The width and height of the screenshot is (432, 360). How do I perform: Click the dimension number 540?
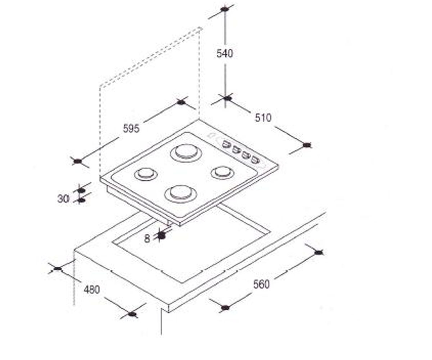(x=225, y=53)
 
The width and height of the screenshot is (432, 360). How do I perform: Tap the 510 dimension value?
(x=263, y=118)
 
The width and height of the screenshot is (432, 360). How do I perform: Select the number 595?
(x=131, y=129)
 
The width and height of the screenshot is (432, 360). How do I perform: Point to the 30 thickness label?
(x=63, y=199)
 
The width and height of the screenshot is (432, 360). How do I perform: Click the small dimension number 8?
(x=147, y=239)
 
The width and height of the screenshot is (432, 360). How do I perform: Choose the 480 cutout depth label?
(x=92, y=290)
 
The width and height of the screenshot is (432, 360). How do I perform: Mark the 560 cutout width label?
(x=261, y=284)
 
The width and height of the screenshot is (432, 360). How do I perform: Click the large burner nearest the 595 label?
(x=186, y=153)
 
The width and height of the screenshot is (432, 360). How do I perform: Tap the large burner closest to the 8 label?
(x=181, y=194)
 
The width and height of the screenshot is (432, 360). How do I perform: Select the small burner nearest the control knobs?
(x=222, y=172)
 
